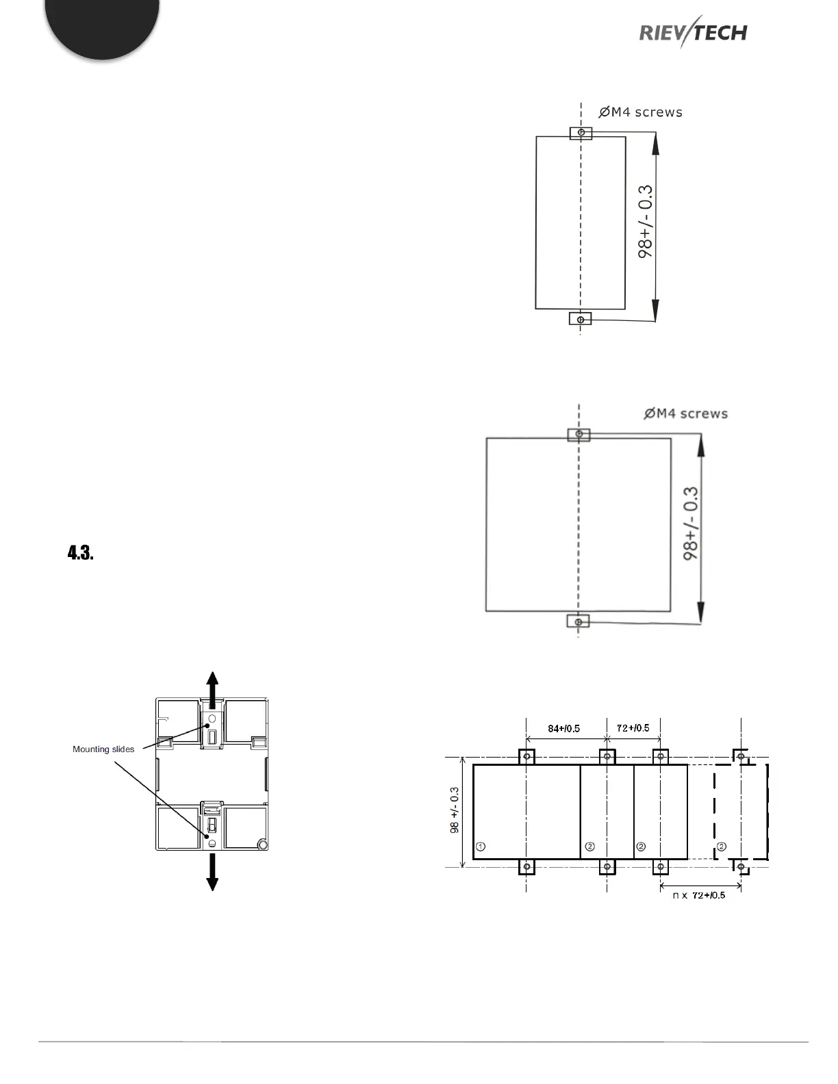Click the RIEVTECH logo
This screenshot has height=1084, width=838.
tap(692, 31)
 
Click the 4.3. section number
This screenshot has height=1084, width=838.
tap(80, 553)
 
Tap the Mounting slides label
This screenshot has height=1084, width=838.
tap(103, 749)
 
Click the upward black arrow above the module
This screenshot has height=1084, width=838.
tap(212, 688)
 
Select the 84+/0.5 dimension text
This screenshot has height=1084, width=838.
tap(563, 728)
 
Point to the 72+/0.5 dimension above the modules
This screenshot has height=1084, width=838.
tap(633, 727)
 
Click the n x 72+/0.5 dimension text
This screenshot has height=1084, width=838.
tap(698, 895)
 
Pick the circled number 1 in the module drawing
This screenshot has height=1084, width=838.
tap(481, 847)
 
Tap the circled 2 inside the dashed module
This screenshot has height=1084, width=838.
tap(721, 847)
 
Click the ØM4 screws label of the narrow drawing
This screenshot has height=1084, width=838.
tap(640, 112)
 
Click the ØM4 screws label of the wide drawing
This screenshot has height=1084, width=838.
tap(685, 413)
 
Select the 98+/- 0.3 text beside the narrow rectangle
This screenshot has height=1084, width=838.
tap(646, 220)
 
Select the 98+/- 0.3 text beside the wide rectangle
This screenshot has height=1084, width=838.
tap(691, 523)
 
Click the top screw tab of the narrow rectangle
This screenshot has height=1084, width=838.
tap(581, 132)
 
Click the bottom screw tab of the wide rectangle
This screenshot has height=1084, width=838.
tap(579, 621)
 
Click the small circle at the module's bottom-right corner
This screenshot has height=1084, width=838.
tap(262, 844)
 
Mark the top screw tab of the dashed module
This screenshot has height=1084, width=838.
tap(741, 756)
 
